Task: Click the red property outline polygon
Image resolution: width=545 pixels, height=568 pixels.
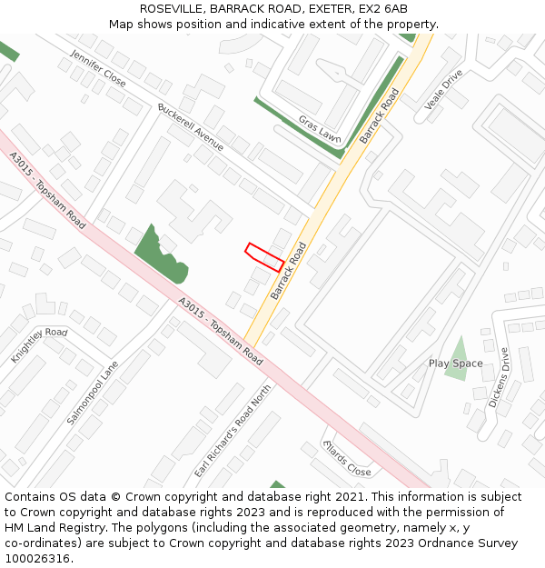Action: [264, 257]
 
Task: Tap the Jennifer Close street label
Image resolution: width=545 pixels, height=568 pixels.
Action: [98, 69]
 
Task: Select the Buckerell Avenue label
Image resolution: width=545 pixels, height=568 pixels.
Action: [190, 127]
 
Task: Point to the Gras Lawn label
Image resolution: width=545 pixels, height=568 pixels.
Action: [320, 128]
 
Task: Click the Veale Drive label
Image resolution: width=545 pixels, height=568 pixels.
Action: [444, 89]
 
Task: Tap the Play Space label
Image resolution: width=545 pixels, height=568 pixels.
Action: [456, 364]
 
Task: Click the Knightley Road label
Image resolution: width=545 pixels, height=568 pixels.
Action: [39, 345]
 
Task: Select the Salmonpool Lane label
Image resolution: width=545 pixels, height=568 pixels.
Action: [93, 393]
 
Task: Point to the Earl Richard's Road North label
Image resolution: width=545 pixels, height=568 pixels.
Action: [233, 431]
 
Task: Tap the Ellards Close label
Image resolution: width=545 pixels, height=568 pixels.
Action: [347, 459]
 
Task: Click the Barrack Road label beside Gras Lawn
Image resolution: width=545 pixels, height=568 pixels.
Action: [380, 116]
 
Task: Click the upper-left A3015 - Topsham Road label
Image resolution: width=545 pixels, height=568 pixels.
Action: [48, 191]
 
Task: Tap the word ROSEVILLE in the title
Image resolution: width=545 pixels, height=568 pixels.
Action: [172, 8]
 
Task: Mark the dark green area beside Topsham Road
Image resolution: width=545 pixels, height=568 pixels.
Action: [161, 253]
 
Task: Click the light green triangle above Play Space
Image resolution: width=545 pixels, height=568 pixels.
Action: [458, 348]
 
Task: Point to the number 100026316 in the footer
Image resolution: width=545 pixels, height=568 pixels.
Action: [37, 558]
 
